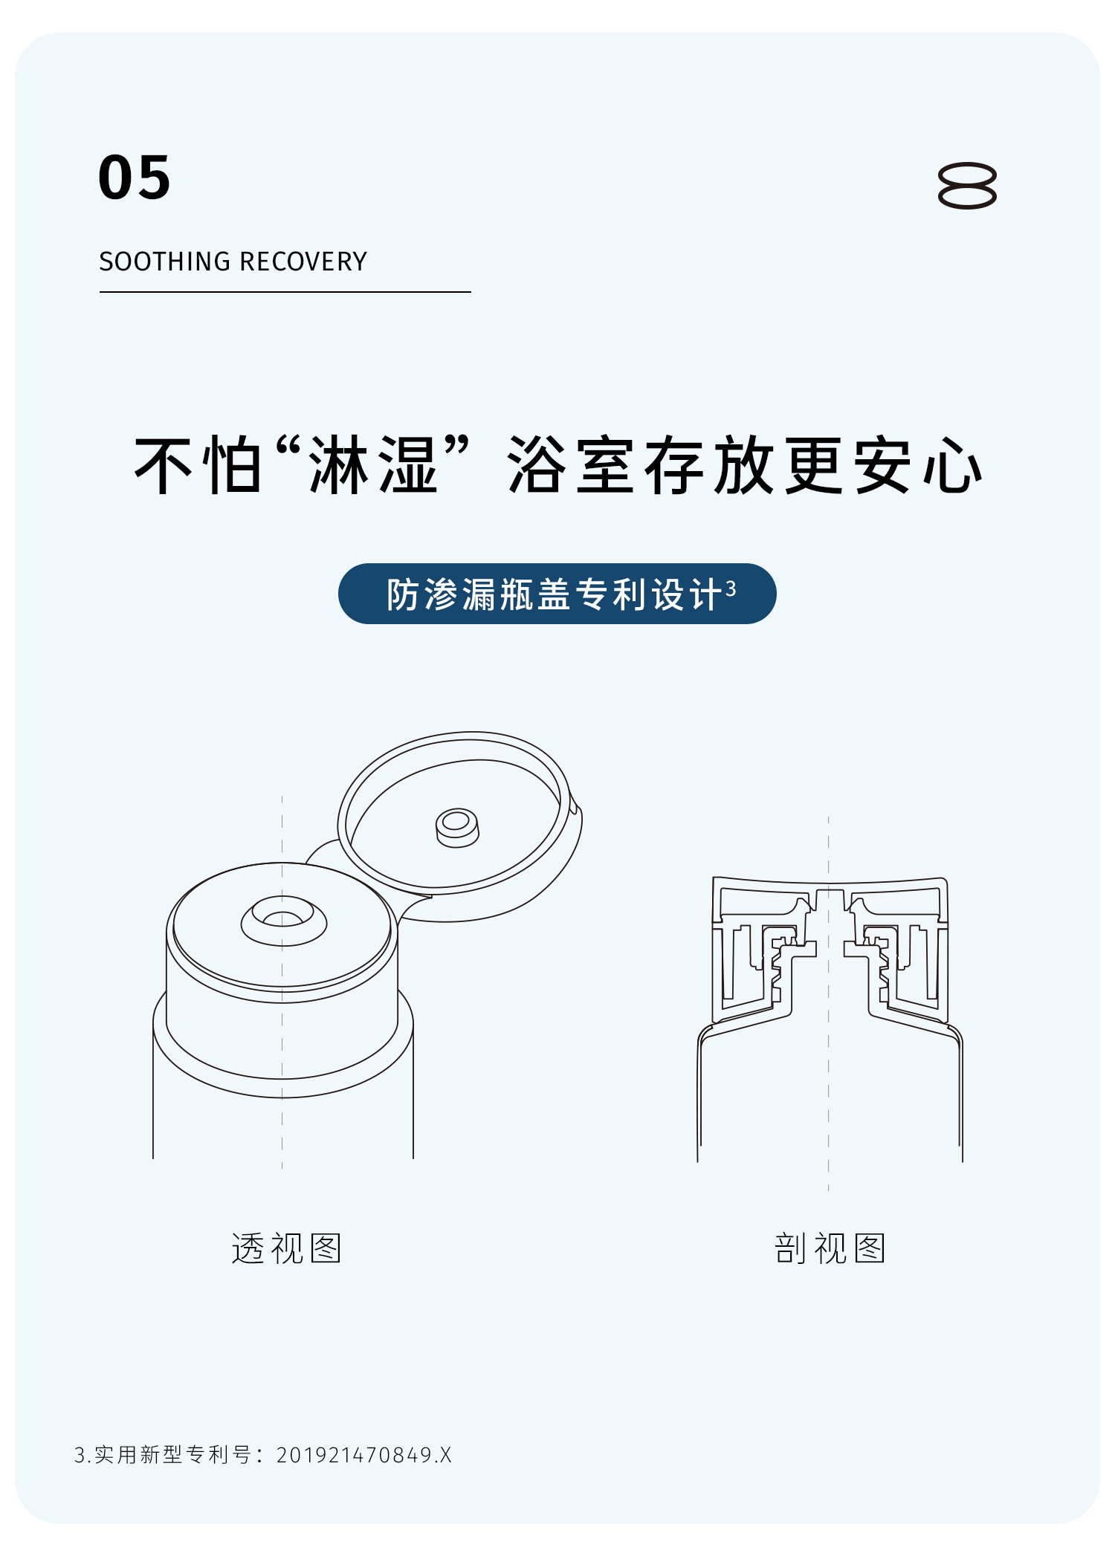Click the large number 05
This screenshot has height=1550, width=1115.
[x=135, y=178]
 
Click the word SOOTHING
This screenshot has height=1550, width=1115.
[x=165, y=262]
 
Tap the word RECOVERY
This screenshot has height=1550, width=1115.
[x=303, y=262]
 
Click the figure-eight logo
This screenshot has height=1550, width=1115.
[x=967, y=185]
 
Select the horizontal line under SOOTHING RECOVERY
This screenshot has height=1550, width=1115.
[x=285, y=292]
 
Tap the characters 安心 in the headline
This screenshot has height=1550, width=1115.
[x=917, y=465]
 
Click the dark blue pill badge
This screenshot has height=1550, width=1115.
[x=557, y=594]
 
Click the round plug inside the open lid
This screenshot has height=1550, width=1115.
[x=457, y=828]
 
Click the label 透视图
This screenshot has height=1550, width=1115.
[x=286, y=1248]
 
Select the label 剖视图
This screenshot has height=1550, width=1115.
[x=830, y=1248]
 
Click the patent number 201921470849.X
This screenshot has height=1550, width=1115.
[x=364, y=1455]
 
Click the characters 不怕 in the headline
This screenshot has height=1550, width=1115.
[x=198, y=465]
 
